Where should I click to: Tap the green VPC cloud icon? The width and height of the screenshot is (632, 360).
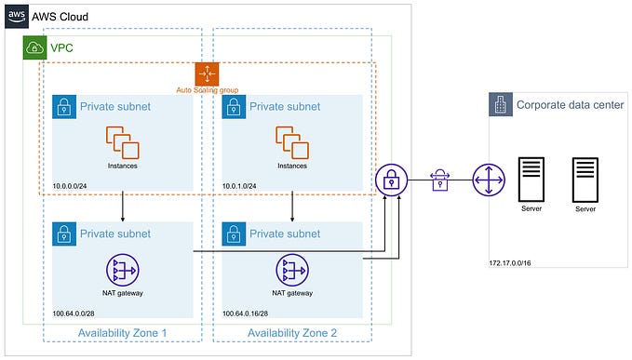(34, 47)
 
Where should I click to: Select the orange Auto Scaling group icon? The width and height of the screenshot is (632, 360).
(207, 74)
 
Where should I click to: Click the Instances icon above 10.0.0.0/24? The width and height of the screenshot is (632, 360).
(122, 141)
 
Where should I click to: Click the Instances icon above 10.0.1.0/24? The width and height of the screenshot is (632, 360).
(292, 141)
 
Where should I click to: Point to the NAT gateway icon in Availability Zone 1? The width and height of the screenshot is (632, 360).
(122, 270)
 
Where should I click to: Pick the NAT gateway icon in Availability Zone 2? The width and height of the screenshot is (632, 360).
(292, 270)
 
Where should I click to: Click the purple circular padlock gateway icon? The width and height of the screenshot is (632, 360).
(392, 180)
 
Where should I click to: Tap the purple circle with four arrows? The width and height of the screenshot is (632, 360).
(488, 180)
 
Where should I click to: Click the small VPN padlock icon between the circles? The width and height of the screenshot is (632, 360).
(439, 179)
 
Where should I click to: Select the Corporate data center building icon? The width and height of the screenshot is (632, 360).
(501, 105)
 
